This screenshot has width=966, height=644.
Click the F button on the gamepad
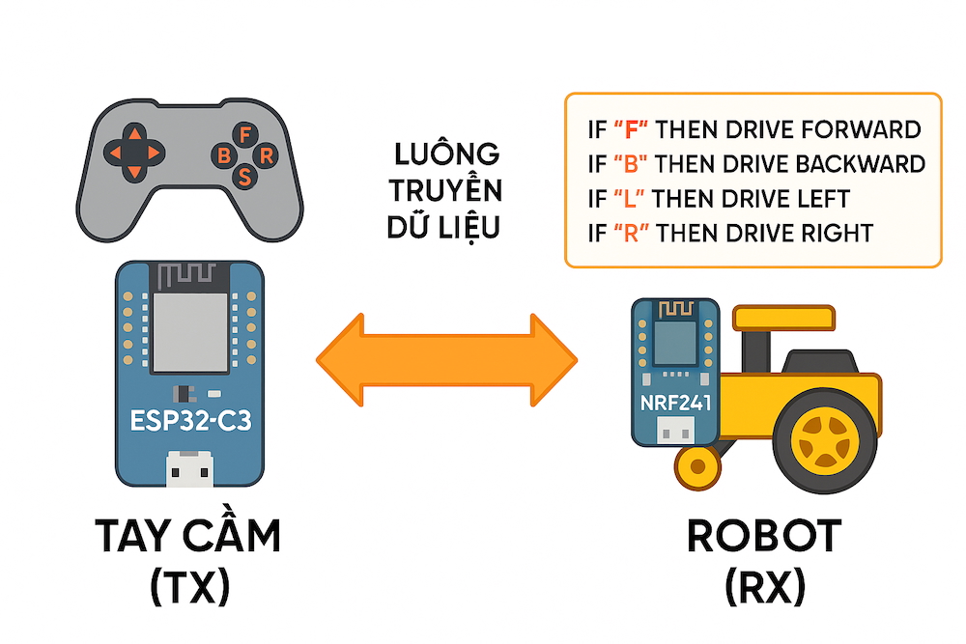click(x=246, y=133)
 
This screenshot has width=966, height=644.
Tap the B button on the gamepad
click(x=224, y=154)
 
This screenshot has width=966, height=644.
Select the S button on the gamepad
click(x=245, y=176)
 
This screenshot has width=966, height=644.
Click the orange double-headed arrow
click(x=446, y=359)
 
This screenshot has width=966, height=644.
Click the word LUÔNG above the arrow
click(x=446, y=154)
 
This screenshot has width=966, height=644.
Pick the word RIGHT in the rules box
click(x=838, y=233)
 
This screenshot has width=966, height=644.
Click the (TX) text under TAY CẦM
click(x=190, y=587)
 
